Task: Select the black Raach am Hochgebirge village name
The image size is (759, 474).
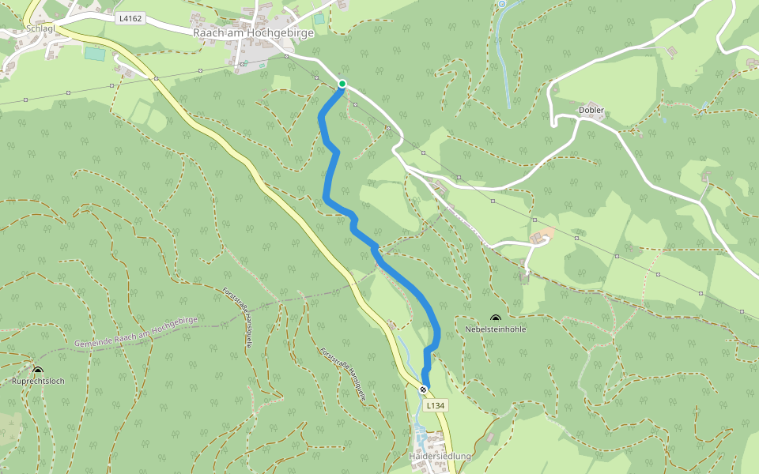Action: [x=253, y=33]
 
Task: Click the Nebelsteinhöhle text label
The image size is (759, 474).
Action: [x=496, y=329]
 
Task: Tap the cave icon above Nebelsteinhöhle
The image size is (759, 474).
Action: [x=496, y=318]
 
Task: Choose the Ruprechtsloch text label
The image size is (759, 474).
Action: [x=38, y=380]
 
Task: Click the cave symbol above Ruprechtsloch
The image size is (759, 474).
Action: [x=38, y=370]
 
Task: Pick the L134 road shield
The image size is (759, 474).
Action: [x=436, y=405]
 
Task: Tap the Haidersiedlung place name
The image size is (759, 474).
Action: [x=440, y=457]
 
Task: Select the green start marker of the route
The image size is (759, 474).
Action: [x=342, y=84]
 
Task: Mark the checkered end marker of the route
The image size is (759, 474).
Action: [x=424, y=389]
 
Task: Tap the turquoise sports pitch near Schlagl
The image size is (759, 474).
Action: [x=95, y=55]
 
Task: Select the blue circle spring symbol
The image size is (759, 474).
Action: [x=501, y=4]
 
